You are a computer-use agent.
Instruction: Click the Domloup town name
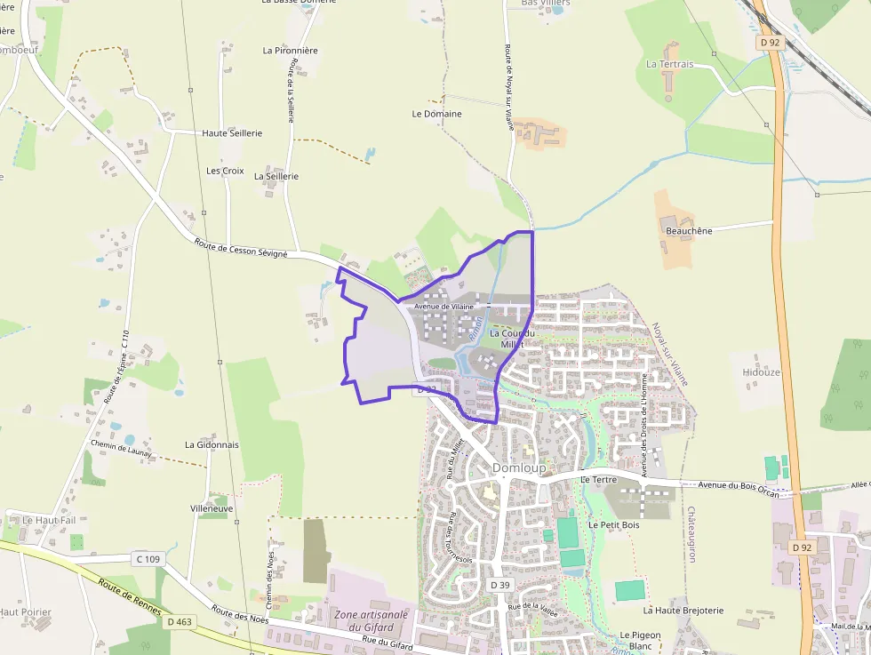pos(519,467)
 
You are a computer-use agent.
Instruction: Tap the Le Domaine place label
pos(436,114)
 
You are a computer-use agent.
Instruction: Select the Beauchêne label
pos(689,231)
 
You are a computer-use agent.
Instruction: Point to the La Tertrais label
pos(669,64)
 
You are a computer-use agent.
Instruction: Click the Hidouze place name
pos(760,372)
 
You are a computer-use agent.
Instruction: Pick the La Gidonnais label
pos(212,444)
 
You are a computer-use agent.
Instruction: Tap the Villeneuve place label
pos(212,508)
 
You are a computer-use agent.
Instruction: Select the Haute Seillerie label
pos(232,133)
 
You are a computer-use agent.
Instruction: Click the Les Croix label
pos(225,171)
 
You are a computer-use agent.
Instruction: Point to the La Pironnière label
pos(290,51)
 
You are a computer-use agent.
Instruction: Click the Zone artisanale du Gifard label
pos(371,620)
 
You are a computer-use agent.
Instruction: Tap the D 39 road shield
pos(499,584)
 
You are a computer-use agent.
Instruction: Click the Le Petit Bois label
pos(614,525)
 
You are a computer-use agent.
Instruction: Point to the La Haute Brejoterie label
pos(683,611)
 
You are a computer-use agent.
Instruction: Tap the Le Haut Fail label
pos(50,520)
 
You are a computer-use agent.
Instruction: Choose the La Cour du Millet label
pos(512,339)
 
